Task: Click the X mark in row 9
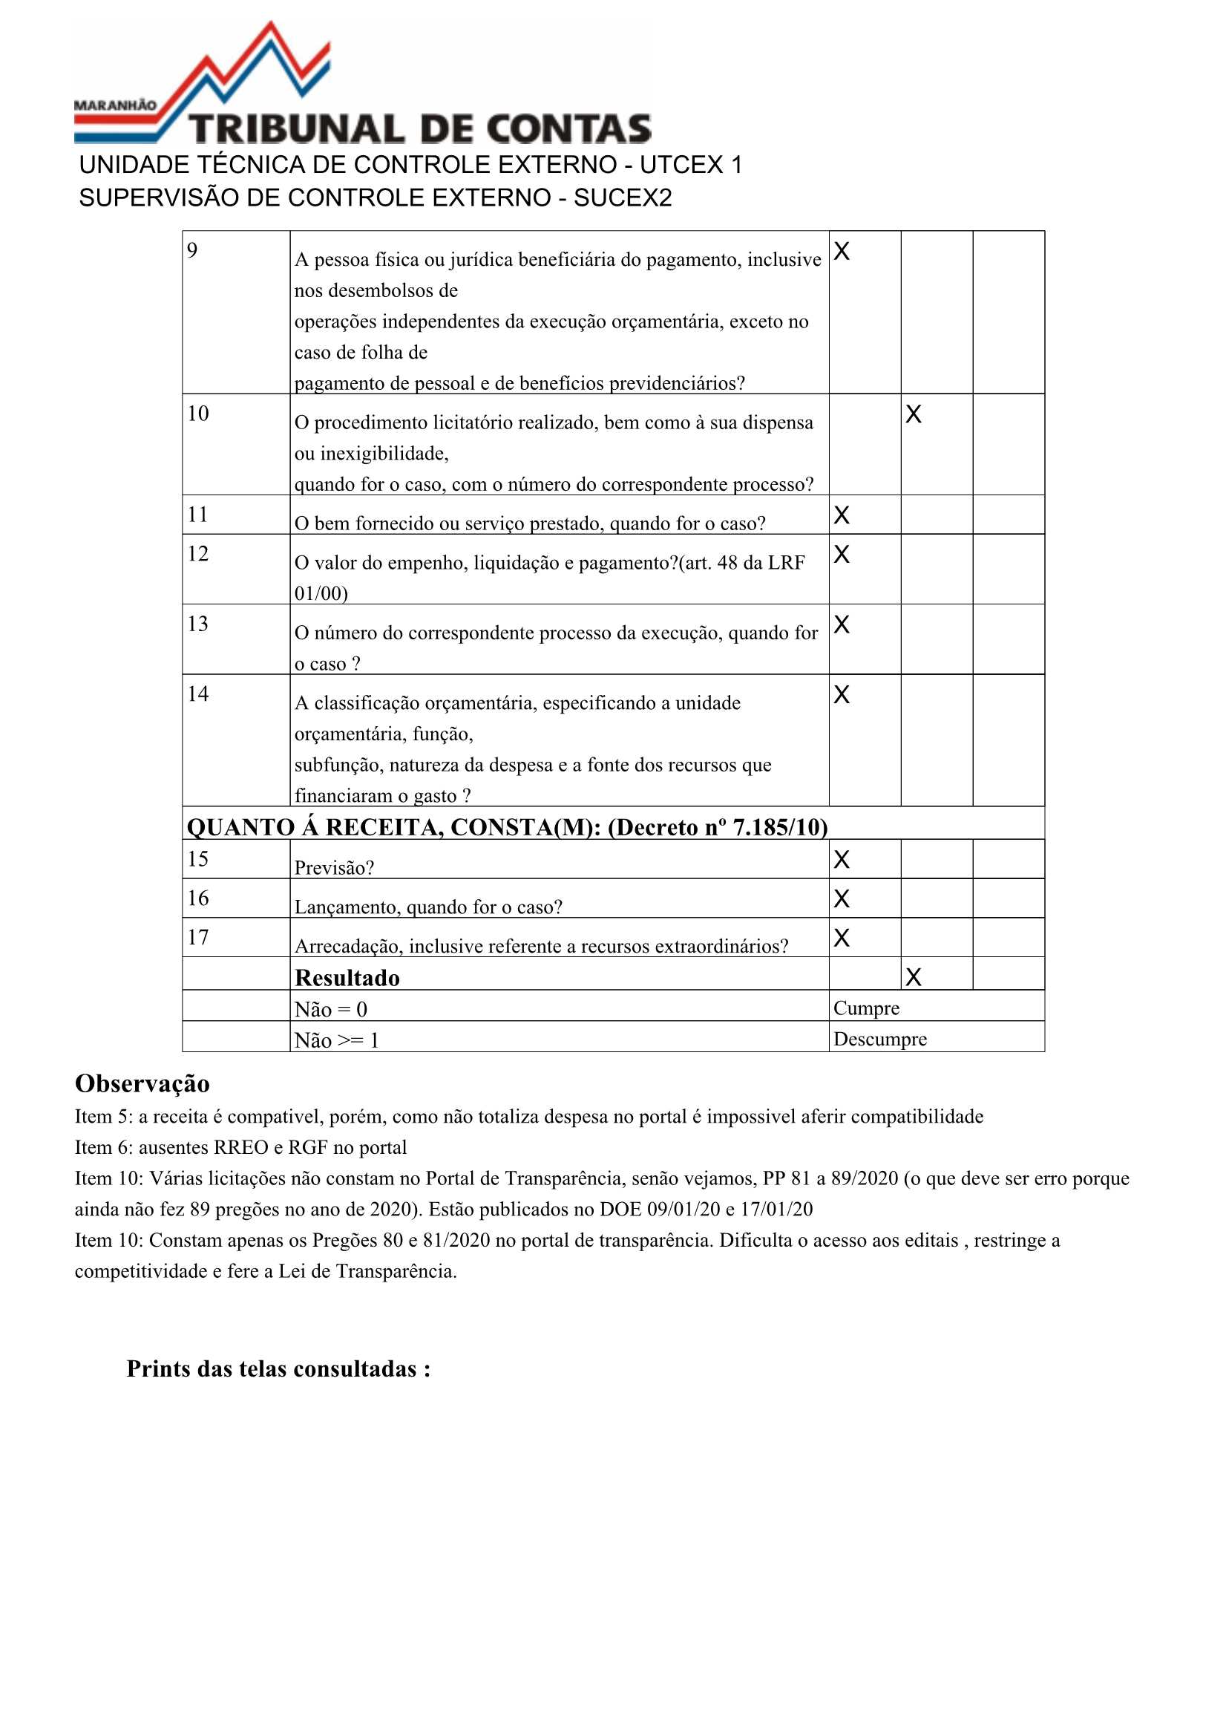(842, 251)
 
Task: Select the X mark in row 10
(913, 414)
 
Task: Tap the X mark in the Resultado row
(913, 977)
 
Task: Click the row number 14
(198, 694)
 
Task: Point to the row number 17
(198, 937)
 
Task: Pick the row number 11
(198, 514)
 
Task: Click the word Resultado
(347, 978)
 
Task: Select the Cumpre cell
(866, 1008)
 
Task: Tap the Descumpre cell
(880, 1039)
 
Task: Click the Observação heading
(142, 1083)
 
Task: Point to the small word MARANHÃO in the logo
(115, 105)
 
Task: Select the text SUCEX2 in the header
(623, 198)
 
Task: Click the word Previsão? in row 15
(334, 867)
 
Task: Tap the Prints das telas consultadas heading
(278, 1368)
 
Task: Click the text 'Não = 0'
(330, 1009)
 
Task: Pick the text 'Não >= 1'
(336, 1040)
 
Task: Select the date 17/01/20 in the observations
(776, 1209)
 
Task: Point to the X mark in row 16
(842, 898)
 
